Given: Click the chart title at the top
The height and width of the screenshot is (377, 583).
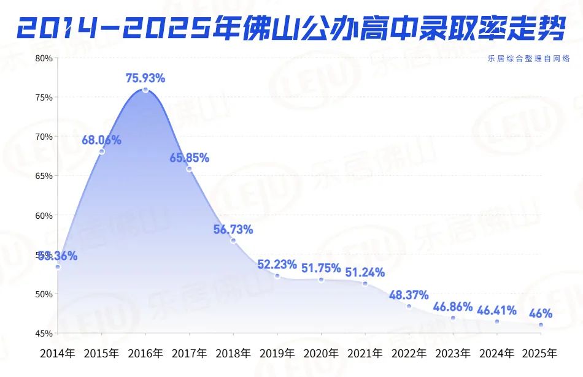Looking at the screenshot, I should click(291, 26).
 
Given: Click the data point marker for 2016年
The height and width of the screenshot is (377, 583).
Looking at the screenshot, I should click(145, 90).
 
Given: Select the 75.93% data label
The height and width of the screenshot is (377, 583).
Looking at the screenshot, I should click(145, 78).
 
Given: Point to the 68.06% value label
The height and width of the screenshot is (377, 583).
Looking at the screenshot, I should click(101, 140).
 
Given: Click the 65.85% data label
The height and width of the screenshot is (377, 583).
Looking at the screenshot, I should click(189, 158).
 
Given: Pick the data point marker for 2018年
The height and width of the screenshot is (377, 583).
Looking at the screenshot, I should click(233, 241).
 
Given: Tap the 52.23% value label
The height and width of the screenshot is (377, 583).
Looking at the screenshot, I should click(277, 264).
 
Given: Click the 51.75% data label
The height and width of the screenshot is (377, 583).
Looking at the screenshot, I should click(321, 268).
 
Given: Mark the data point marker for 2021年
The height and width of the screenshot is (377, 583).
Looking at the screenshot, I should click(365, 283).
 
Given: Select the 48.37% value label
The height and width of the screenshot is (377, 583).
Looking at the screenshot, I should click(409, 295).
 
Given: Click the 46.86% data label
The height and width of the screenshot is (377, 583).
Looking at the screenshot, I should click(453, 307).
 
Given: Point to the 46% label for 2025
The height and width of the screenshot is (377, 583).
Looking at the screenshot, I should click(541, 314).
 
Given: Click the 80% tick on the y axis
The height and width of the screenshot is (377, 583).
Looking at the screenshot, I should click(45, 58).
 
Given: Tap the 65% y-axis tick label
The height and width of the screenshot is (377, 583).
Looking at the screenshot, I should click(45, 176).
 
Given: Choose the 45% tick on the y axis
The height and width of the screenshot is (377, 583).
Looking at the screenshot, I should click(45, 333).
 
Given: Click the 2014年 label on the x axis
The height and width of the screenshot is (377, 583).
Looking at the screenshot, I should click(57, 354).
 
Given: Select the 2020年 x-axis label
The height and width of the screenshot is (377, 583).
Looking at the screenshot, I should click(321, 354).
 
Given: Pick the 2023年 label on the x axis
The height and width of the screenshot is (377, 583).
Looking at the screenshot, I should click(453, 354).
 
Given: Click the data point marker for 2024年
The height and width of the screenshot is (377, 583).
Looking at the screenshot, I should click(497, 321).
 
